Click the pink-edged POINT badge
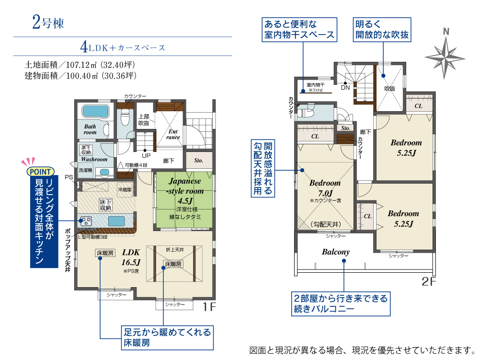coord(40,172)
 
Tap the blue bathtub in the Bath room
coord(95,111)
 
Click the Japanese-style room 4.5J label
coord(185,191)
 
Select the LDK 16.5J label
coord(131,257)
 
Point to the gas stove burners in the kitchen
coord(86,221)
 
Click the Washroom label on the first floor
coord(94,159)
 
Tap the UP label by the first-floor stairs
coord(146,155)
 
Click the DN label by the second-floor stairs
coord(345,88)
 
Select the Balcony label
coord(336,252)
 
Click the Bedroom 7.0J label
coord(325,188)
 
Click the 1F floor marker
coord(209,306)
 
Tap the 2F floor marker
coord(429,281)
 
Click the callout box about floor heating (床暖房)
coord(167,337)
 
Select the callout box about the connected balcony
coord(341,303)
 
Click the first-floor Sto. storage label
coord(199,161)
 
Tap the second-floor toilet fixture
coord(306,112)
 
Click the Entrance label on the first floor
coord(173,134)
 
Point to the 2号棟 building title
coord(48,23)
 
